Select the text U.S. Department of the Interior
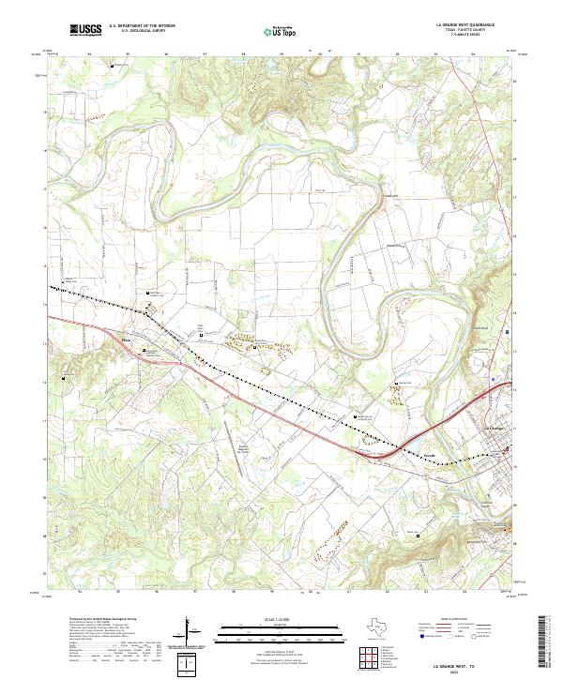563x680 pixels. click(142, 25)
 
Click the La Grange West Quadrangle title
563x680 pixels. click(466, 25)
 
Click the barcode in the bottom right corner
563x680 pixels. click(544, 642)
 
